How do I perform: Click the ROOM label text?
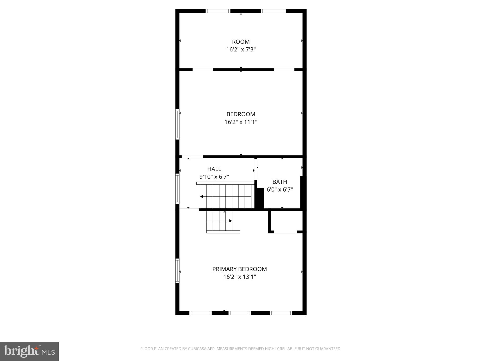(x=241, y=42)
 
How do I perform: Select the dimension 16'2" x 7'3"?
(x=241, y=49)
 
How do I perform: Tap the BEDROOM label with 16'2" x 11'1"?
(x=241, y=114)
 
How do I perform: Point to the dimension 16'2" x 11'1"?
(x=241, y=122)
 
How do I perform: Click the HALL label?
(x=214, y=169)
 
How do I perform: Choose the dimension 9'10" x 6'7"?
(x=214, y=177)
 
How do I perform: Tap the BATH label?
(x=280, y=182)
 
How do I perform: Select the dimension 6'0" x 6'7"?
(x=280, y=190)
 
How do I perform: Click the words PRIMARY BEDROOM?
(x=239, y=269)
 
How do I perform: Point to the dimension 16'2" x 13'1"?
(x=239, y=277)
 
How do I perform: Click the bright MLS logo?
(x=29, y=351)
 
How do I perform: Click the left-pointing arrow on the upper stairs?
(x=201, y=197)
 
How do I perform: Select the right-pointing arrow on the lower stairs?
(x=230, y=221)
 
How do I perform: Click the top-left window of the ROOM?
(x=218, y=11)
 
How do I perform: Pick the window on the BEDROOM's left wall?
(x=177, y=124)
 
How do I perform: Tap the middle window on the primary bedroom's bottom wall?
(x=240, y=313)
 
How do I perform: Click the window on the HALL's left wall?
(x=177, y=189)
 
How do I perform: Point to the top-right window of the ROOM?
(x=273, y=11)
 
